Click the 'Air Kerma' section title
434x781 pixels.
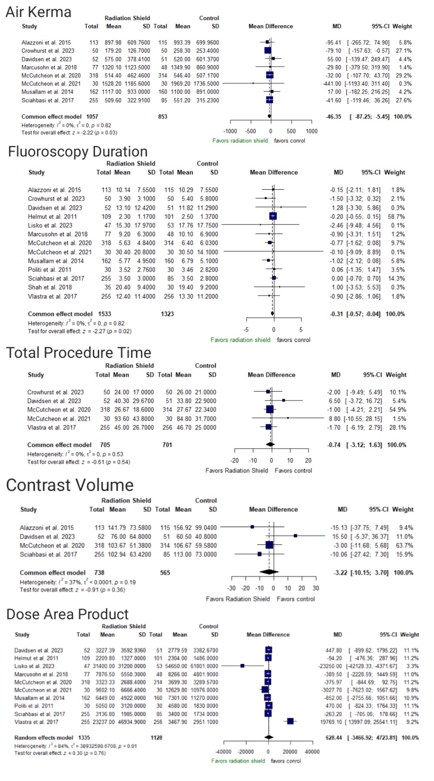coord(38,12)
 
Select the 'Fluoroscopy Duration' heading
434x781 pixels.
coord(78,151)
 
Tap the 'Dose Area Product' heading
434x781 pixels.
coord(67,614)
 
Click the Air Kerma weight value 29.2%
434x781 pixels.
coord(404,75)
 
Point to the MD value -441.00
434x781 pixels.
coord(333,83)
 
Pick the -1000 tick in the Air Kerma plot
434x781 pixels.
coord(230,131)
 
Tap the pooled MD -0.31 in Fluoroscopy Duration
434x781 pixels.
coord(336,314)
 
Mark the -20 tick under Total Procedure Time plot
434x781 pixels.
coord(234,460)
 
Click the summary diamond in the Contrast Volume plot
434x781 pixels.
coord(269,572)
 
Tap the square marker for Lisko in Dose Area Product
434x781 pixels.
coord(243,666)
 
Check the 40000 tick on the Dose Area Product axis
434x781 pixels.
coord(312,751)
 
